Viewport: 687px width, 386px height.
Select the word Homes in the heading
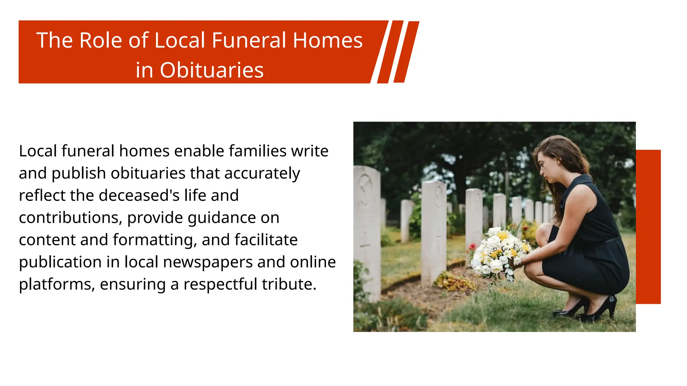click(x=328, y=41)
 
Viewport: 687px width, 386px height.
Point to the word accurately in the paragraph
click(x=262, y=174)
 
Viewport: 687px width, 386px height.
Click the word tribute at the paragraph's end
click(x=289, y=284)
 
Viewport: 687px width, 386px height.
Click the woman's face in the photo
click(x=545, y=168)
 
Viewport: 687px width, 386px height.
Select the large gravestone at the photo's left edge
click(x=367, y=231)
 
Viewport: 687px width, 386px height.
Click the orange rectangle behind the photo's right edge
click(x=648, y=227)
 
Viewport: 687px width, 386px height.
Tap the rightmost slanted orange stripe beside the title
click(x=406, y=52)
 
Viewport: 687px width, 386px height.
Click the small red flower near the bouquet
click(x=472, y=247)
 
